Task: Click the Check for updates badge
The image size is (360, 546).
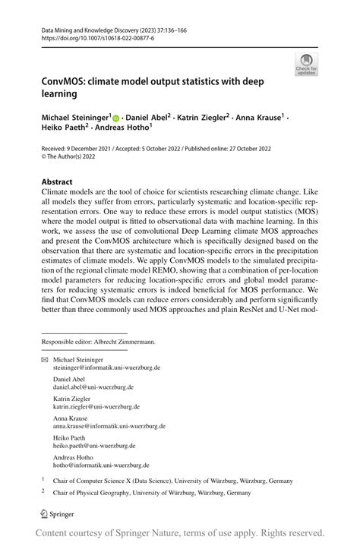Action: pos(307,64)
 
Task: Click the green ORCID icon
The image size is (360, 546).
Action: pos(116,119)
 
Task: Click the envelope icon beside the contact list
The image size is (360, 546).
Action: pos(44,359)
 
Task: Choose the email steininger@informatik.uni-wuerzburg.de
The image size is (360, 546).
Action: pos(106,368)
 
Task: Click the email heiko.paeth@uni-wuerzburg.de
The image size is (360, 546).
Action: pos(94,446)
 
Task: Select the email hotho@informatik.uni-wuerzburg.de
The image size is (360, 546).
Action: pos(101,466)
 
